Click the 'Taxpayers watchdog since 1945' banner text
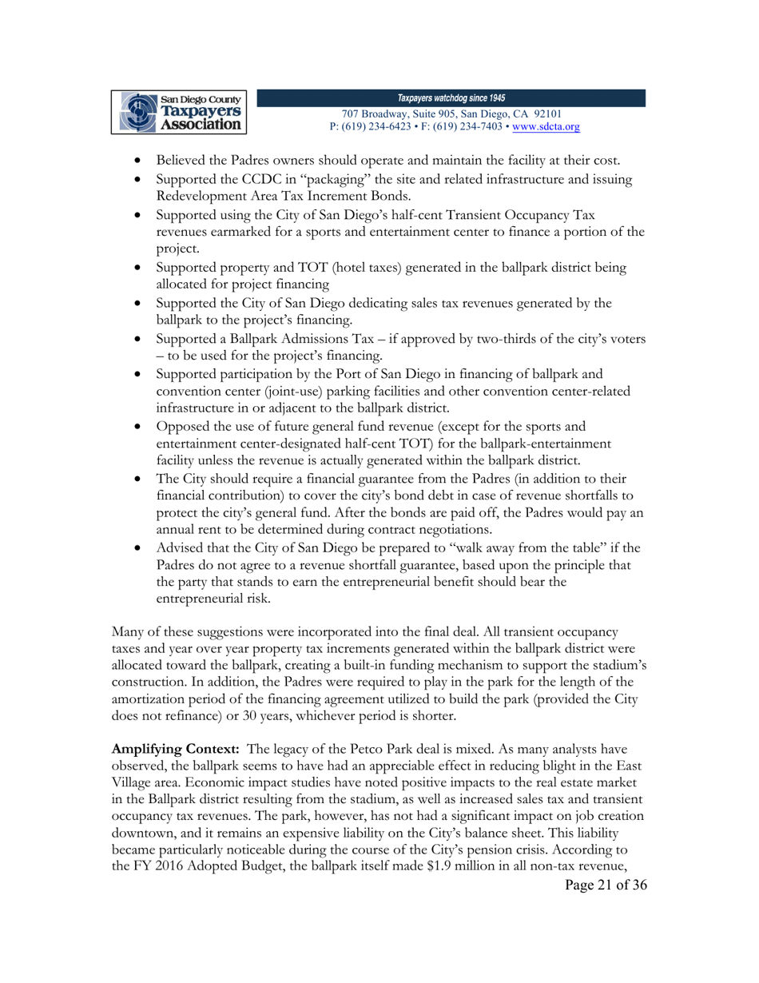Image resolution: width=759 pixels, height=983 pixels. [x=451, y=98]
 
